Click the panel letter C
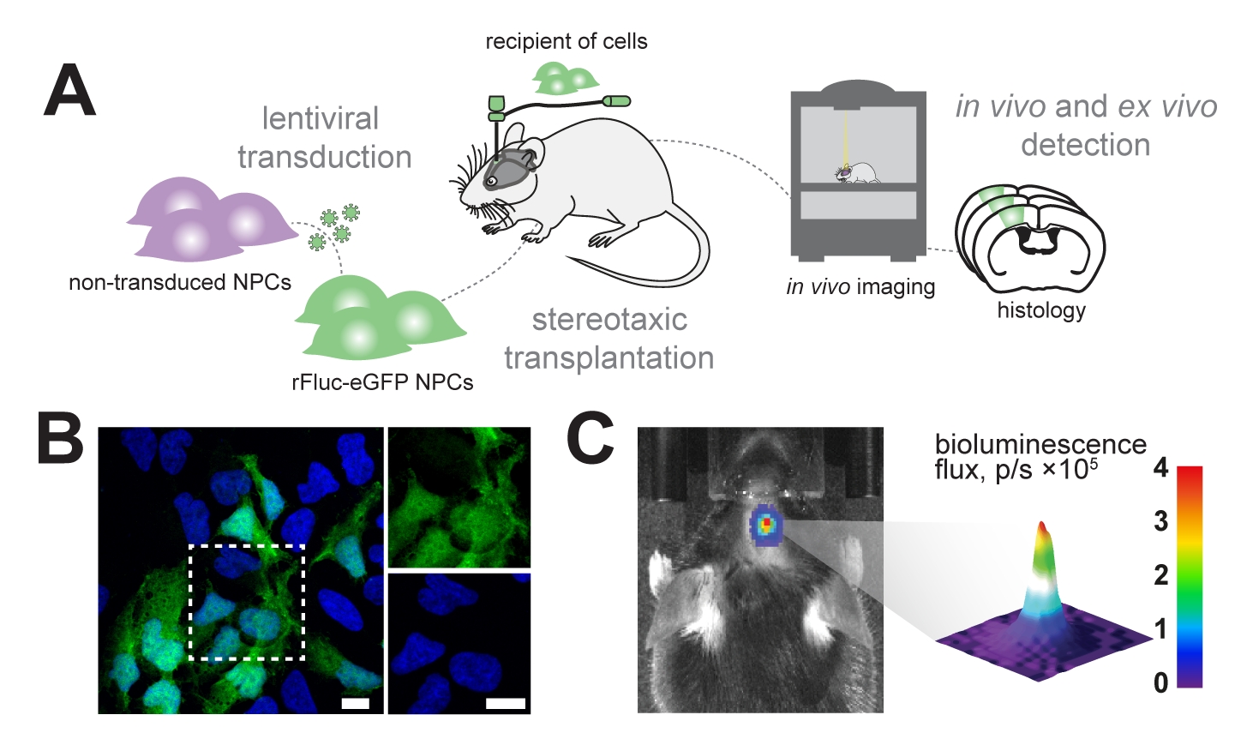[x=591, y=441]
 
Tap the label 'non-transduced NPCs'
[x=180, y=282]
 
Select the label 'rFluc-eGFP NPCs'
[x=382, y=382]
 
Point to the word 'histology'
[x=1040, y=309]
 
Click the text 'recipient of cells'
[x=567, y=41]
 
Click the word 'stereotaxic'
[x=609, y=320]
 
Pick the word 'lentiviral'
[x=320, y=118]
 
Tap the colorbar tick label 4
[x=1160, y=469]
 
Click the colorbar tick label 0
[x=1160, y=682]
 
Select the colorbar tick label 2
[x=1160, y=575]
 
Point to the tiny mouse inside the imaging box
[x=857, y=172]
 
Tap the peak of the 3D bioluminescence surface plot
[x=1042, y=525]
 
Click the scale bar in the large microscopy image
[x=355, y=703]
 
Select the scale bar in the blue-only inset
[x=505, y=703]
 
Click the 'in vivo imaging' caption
[x=860, y=287]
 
